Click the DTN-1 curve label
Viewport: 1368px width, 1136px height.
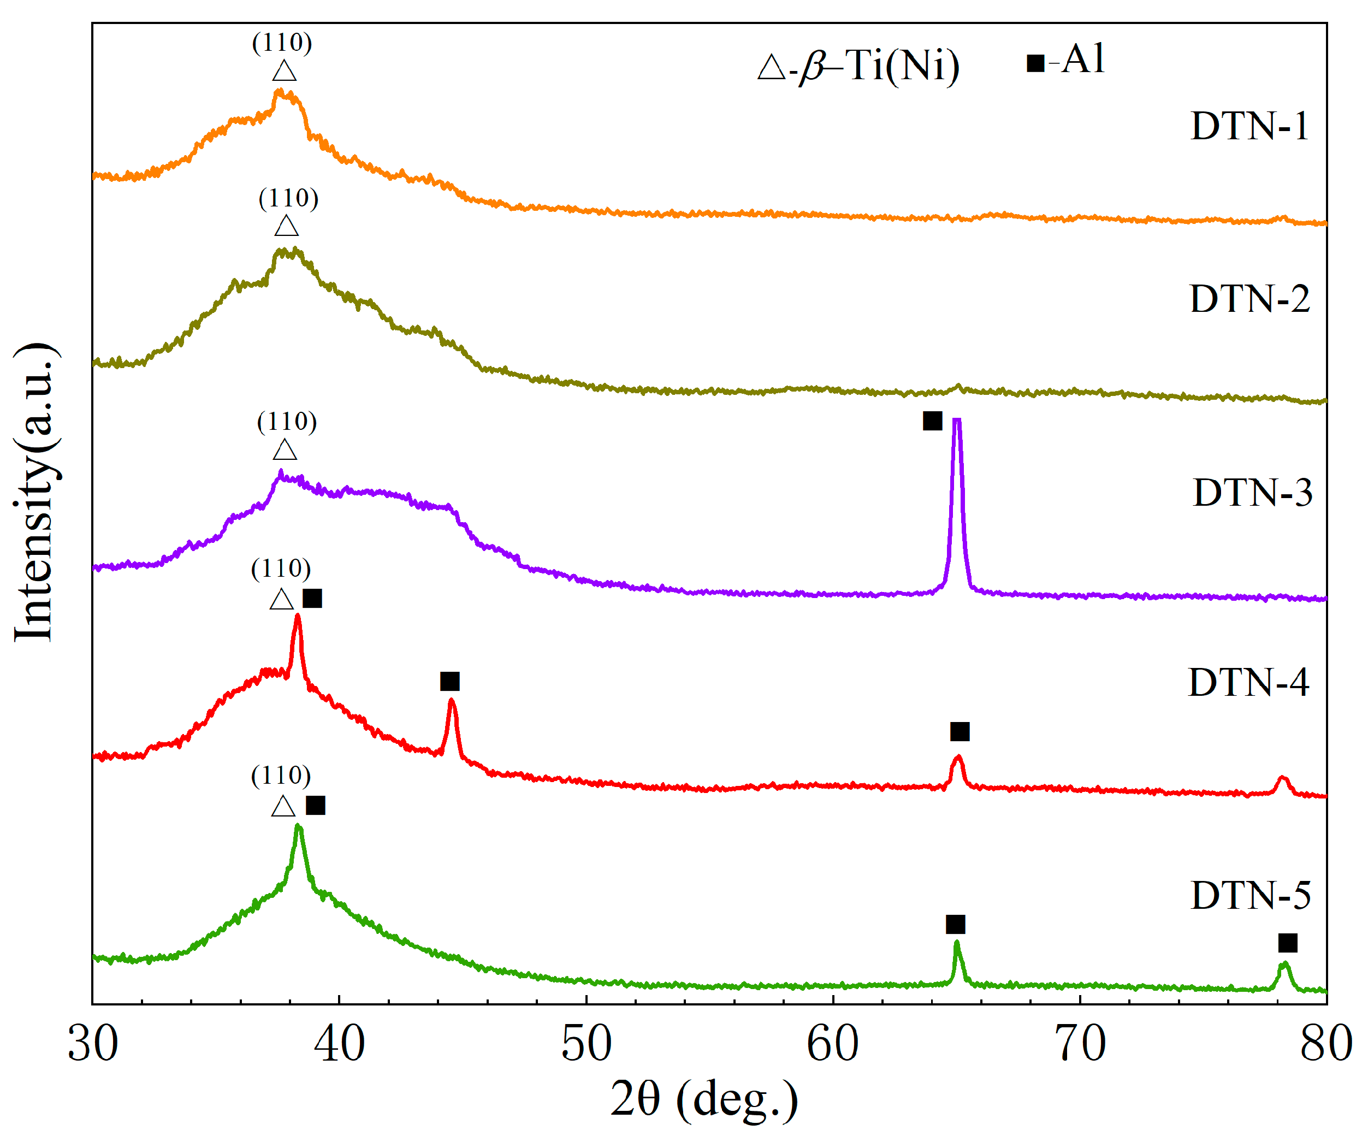pyautogui.click(x=1249, y=126)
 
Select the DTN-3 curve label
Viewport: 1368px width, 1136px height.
pyautogui.click(x=1252, y=493)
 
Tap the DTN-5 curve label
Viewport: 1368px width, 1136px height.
pyautogui.click(x=1250, y=896)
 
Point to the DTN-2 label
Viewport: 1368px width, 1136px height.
pyautogui.click(x=1249, y=300)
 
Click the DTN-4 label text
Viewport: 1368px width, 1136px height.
pyautogui.click(x=1248, y=683)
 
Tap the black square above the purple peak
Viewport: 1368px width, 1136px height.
pyautogui.click(x=932, y=421)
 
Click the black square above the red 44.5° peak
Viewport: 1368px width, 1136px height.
pyautogui.click(x=449, y=682)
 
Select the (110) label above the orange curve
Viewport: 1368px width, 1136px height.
pyautogui.click(x=282, y=43)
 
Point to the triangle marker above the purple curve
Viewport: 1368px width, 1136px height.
pyautogui.click(x=285, y=450)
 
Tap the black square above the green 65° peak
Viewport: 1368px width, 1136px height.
pyautogui.click(x=955, y=924)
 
